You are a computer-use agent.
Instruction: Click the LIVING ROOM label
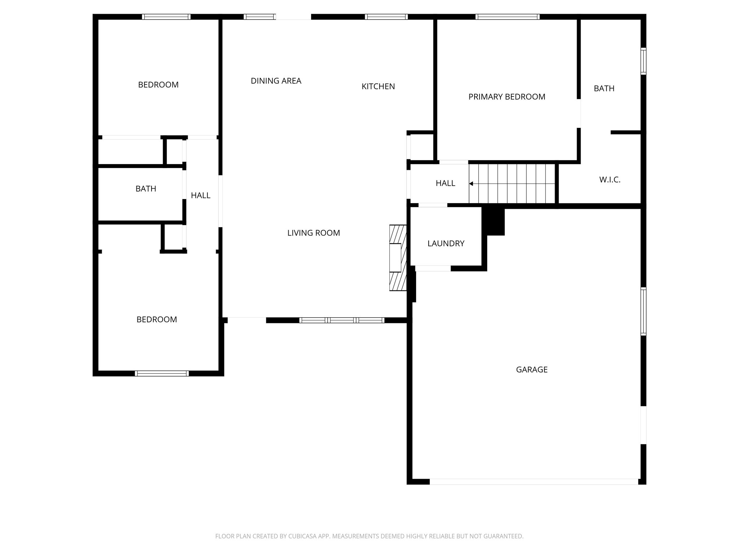tap(313, 233)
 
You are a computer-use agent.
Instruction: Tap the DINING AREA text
tap(276, 81)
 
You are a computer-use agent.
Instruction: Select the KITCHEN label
tap(378, 86)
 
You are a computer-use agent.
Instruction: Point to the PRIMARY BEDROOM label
tap(507, 97)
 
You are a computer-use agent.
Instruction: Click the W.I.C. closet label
tap(610, 180)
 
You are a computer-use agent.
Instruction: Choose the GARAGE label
tap(532, 370)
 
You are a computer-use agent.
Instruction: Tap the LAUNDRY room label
tap(446, 244)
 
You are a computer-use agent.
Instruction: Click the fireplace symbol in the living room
tap(398, 258)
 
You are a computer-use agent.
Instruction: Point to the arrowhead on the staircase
tap(471, 184)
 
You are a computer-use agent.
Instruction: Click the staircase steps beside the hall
tap(512, 184)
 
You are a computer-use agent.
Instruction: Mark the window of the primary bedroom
tap(507, 17)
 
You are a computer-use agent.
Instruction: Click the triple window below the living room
tap(341, 320)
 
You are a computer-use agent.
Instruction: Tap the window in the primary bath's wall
tap(643, 61)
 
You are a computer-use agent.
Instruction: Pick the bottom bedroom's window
tap(162, 374)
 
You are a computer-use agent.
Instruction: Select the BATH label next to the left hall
tap(146, 189)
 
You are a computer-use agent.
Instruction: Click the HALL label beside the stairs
tap(445, 183)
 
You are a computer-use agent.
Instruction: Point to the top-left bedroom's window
tap(166, 17)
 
